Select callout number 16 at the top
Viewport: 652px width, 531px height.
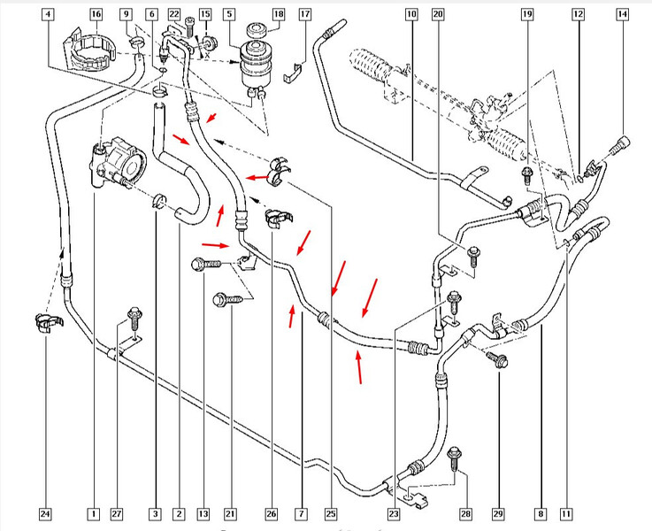(x=96, y=14)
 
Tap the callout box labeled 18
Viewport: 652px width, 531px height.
(x=279, y=14)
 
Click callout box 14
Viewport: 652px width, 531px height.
(x=623, y=14)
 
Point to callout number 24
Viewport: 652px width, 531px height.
(x=45, y=513)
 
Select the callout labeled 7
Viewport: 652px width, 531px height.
(x=301, y=513)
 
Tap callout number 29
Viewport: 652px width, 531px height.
(x=498, y=513)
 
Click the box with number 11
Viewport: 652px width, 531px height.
(x=566, y=513)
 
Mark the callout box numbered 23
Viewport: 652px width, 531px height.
(x=394, y=513)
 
